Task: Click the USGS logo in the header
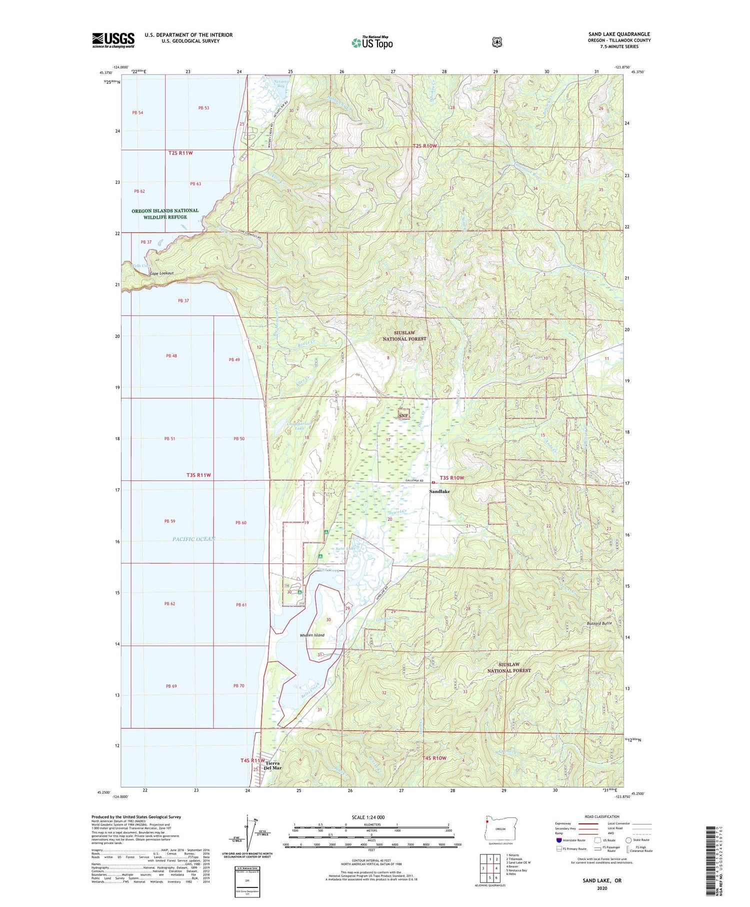pyautogui.click(x=113, y=40)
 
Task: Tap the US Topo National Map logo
pyautogui.click(x=372, y=43)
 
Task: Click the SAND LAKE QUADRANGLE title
pyautogui.click(x=619, y=34)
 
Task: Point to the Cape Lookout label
pyautogui.click(x=160, y=273)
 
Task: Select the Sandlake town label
pyautogui.click(x=439, y=492)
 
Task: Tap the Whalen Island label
pyautogui.click(x=312, y=635)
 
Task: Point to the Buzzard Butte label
pyautogui.click(x=599, y=623)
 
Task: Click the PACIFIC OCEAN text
pyautogui.click(x=193, y=539)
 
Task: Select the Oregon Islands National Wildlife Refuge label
pyautogui.click(x=165, y=214)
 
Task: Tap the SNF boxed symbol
pyautogui.click(x=403, y=415)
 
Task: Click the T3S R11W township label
pyautogui.click(x=196, y=475)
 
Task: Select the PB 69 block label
pyautogui.click(x=171, y=686)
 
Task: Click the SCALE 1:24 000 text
pyautogui.click(x=368, y=817)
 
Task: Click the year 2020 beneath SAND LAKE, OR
pyautogui.click(x=601, y=888)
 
